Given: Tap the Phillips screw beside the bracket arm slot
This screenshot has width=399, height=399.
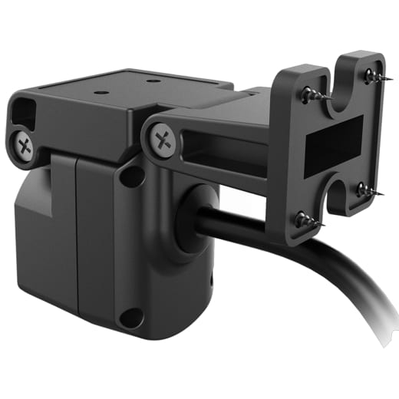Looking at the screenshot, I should (162, 139).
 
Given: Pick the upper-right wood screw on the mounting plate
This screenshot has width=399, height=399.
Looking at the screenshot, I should (371, 76).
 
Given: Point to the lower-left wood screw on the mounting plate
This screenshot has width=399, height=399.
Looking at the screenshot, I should (303, 217).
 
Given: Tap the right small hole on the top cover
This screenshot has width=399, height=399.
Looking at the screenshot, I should (150, 79).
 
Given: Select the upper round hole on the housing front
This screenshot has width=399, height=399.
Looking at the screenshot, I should (132, 176).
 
